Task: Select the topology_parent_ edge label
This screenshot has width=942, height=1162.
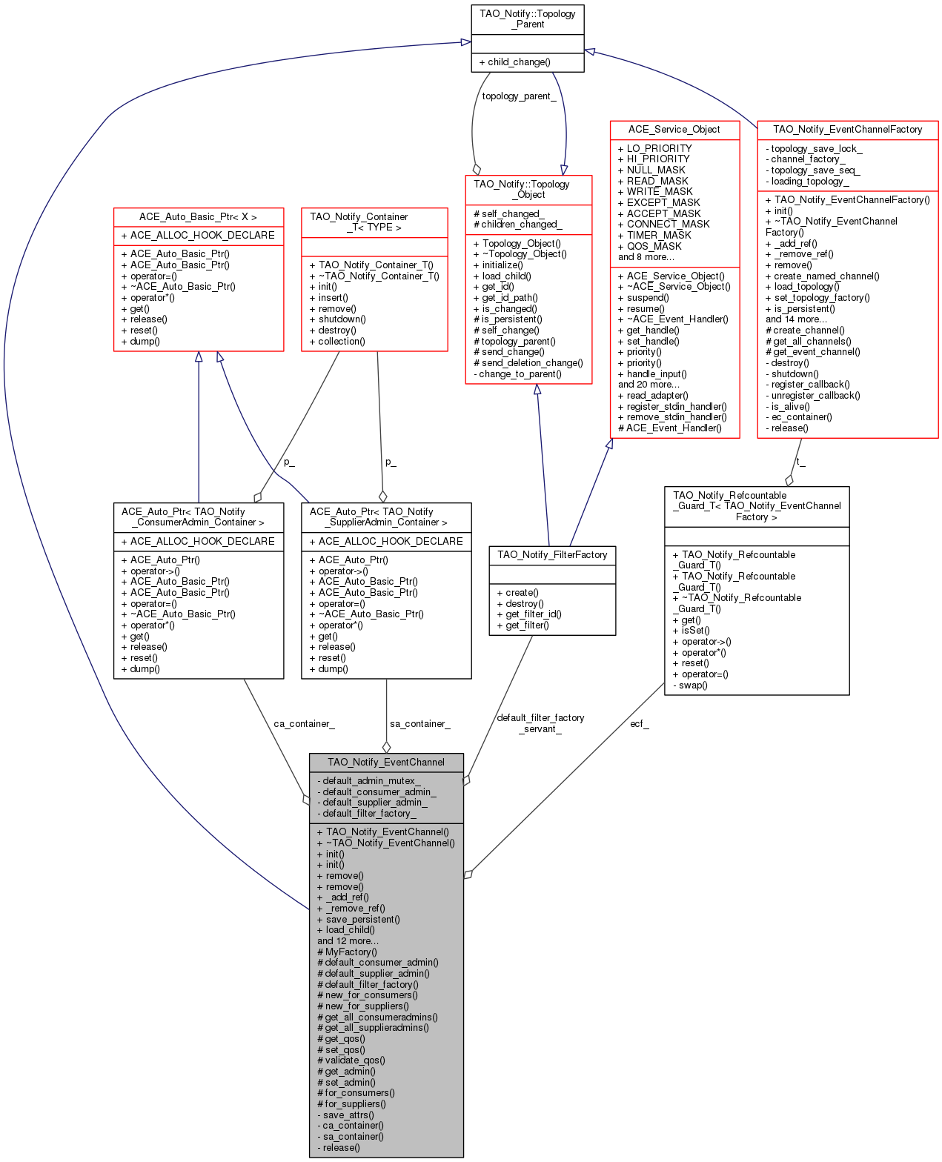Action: pos(518,96)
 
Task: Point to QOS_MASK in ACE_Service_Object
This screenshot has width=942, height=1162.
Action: pos(649,246)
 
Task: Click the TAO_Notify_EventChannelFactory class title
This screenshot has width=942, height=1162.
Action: pos(846,129)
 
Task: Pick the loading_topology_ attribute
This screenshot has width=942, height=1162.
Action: pos(806,181)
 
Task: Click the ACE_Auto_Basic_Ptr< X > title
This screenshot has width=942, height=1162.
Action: pos(197,216)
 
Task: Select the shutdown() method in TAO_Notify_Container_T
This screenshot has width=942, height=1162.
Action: pos(337,319)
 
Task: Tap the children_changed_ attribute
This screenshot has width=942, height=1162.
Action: pos(517,225)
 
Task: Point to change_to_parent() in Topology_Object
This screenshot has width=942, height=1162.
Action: pos(517,373)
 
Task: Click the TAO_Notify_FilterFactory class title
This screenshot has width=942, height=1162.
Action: pos(551,554)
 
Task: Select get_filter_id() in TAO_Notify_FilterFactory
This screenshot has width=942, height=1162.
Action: pos(528,614)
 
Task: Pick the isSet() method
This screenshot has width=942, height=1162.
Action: pos(691,630)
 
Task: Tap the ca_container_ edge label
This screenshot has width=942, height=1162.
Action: pos(303,723)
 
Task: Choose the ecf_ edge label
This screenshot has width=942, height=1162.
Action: pos(639,723)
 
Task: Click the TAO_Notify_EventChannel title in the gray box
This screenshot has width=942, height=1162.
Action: pos(385,762)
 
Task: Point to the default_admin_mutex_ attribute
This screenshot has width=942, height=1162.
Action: pos(368,780)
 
